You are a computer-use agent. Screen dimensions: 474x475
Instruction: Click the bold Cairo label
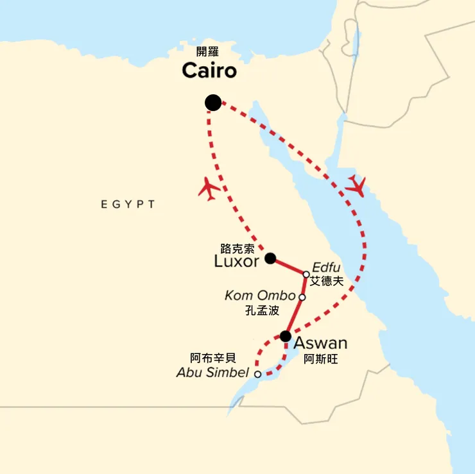[209, 71]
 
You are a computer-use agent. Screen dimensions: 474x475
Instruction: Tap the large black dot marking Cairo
[213, 102]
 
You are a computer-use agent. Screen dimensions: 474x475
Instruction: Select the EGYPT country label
[128, 205]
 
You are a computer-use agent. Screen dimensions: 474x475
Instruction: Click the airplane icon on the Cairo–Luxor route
[209, 188]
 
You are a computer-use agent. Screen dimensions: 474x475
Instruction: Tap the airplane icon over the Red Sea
[355, 186]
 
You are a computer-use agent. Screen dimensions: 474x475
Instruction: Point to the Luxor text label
[237, 262]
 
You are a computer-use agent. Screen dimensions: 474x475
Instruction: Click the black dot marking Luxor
[270, 258]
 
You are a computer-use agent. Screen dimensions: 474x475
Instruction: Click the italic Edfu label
[324, 267]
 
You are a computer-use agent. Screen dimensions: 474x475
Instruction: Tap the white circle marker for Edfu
[307, 275]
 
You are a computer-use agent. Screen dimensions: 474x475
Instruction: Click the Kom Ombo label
[261, 296]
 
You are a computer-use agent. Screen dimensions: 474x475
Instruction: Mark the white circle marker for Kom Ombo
[302, 297]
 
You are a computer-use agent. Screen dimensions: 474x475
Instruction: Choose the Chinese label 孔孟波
[263, 310]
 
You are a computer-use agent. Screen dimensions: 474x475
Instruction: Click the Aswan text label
[320, 343]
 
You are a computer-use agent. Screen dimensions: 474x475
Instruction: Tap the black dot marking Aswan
[286, 336]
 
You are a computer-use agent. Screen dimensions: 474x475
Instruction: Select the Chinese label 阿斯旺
[320, 359]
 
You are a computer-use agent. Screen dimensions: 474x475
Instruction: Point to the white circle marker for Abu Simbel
[257, 374]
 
